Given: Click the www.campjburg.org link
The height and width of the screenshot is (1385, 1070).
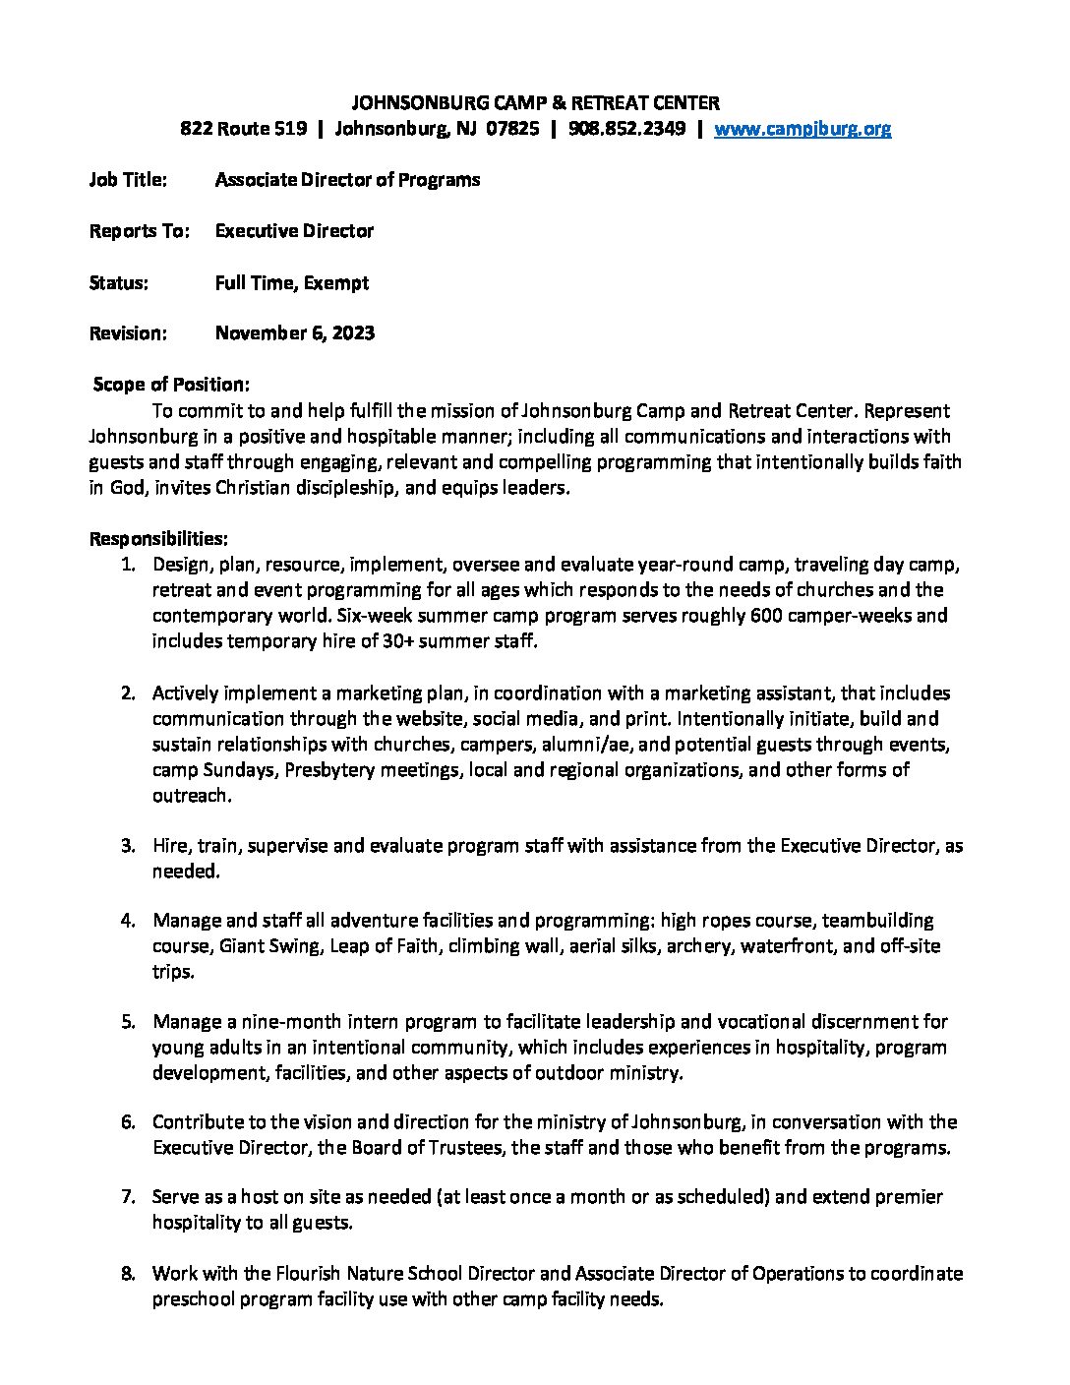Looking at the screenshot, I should pos(802,129).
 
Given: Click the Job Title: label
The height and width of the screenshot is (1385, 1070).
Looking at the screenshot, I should pos(128,180).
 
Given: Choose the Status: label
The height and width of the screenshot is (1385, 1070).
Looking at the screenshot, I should pos(119,283).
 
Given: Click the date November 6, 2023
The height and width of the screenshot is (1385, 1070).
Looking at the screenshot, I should pos(294,333).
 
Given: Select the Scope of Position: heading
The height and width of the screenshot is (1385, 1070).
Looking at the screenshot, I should pos(171,385).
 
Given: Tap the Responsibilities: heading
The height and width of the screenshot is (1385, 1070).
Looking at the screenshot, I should pos(158,539).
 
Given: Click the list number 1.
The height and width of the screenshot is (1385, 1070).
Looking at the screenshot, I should pos(128,565).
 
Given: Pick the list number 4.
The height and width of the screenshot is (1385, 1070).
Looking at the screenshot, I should pos(128,921).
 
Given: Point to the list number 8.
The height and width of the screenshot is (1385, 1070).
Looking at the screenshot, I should pos(128,1274).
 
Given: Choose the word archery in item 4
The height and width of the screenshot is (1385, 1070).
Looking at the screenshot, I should pos(697,946).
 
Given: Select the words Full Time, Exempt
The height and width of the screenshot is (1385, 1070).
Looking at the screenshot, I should pos(291,283).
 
